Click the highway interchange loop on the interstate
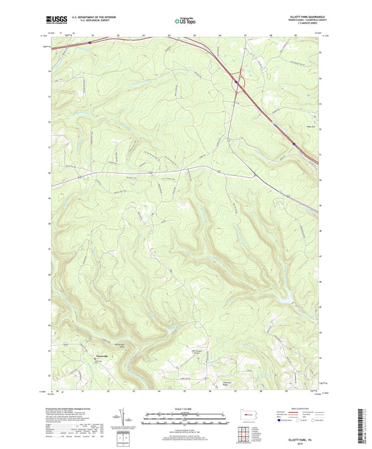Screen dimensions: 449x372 coord(239,83)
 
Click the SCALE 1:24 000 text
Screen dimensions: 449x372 coord(184,409)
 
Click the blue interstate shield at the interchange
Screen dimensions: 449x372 coord(237,81)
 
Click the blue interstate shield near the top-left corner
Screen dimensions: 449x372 coord(89,43)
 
